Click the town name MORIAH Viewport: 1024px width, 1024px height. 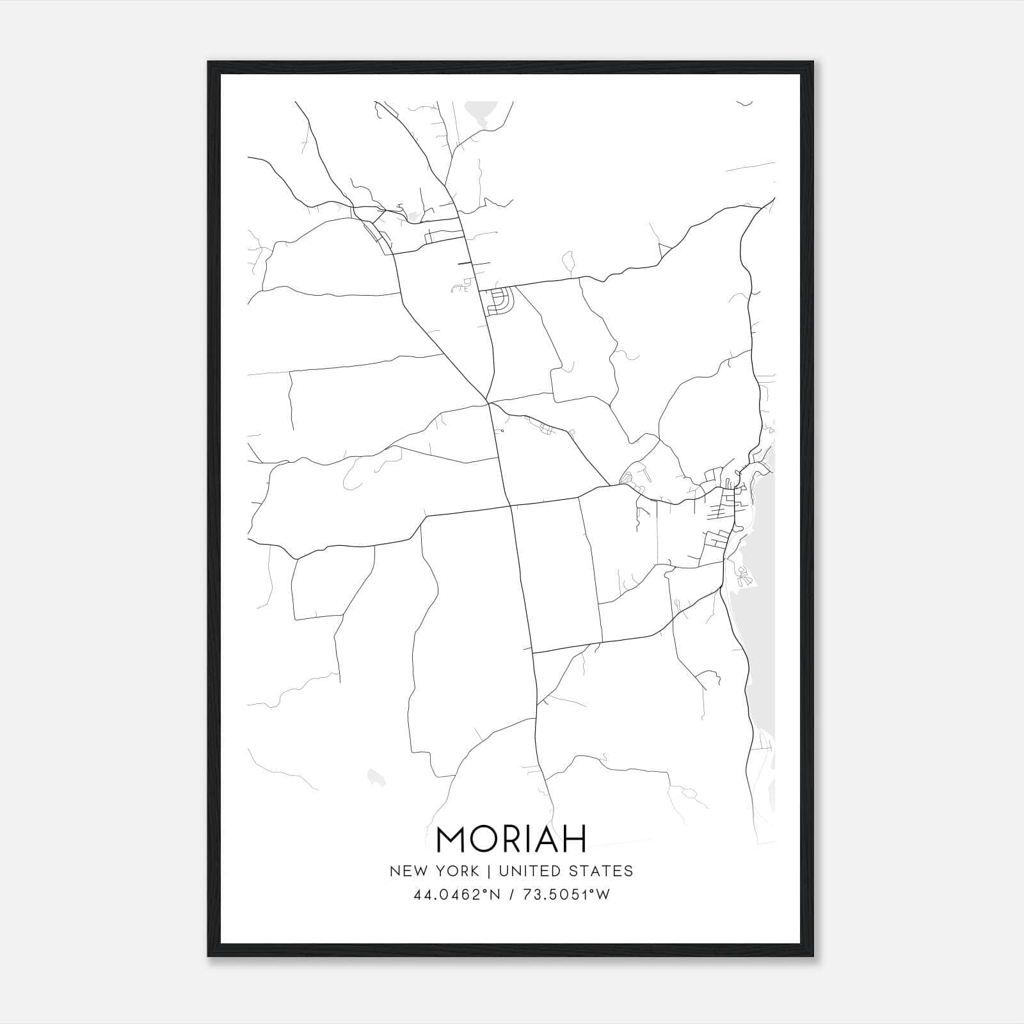511,839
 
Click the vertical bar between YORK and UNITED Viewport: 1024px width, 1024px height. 488,871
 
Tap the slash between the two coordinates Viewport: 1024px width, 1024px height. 512,895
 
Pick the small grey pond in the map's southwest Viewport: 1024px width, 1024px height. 376,778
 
